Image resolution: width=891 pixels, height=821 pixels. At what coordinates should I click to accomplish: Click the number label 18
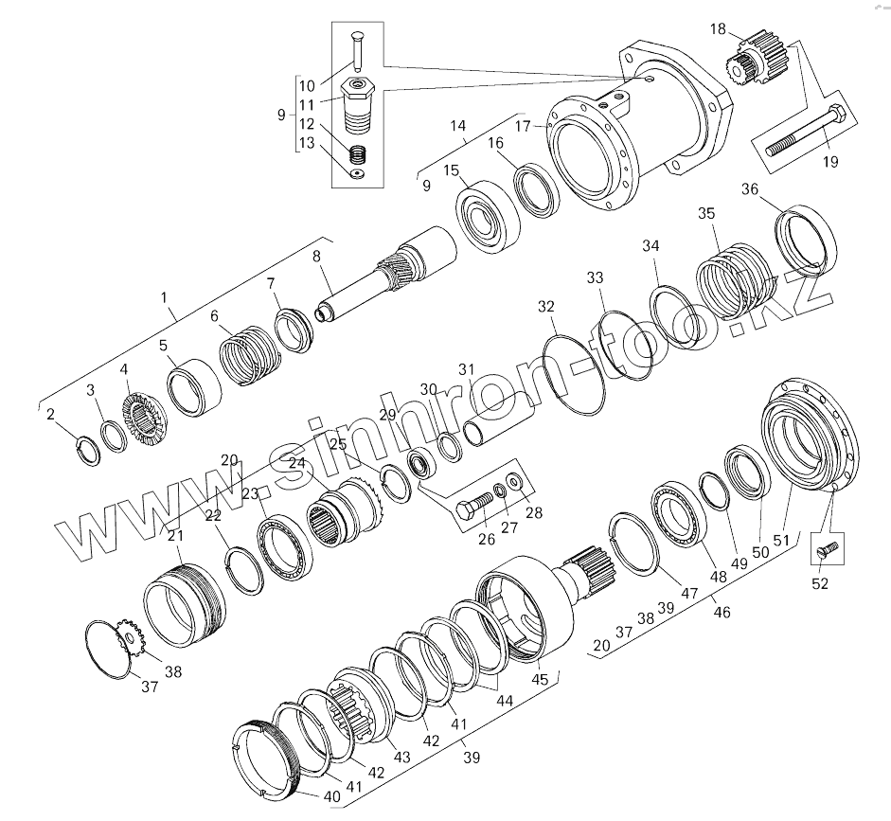(718, 29)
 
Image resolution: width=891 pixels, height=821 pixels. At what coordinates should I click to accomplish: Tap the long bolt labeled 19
(806, 130)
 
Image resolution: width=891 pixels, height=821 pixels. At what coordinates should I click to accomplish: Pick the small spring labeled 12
(356, 154)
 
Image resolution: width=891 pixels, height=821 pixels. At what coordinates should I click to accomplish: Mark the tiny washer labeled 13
(357, 174)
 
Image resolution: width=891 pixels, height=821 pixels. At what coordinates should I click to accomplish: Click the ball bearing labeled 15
(489, 215)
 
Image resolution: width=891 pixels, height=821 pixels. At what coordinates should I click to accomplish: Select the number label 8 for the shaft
(316, 257)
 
